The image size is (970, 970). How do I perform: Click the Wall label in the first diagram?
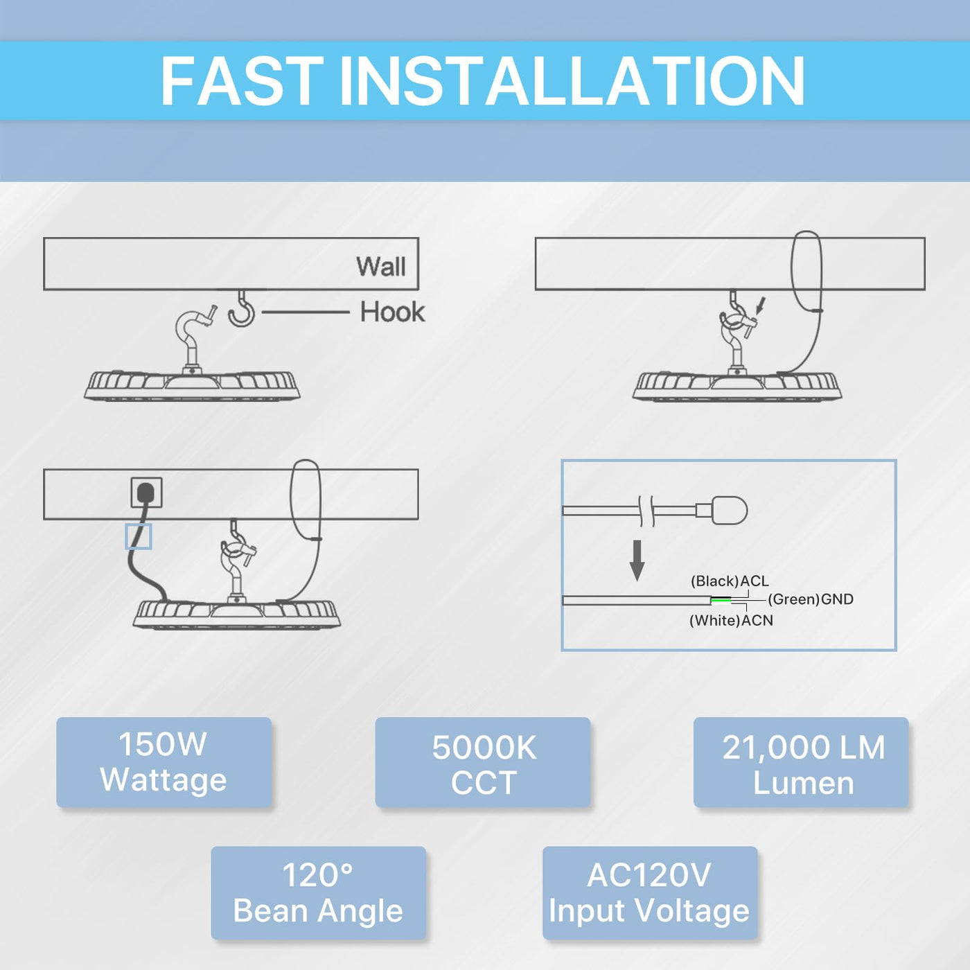(380, 266)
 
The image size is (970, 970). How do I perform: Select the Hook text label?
(392, 312)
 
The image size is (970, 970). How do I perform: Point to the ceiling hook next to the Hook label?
(242, 309)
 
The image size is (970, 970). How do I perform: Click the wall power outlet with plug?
(146, 493)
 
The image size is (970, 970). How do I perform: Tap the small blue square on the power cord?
(139, 536)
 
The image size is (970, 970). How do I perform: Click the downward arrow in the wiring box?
(637, 560)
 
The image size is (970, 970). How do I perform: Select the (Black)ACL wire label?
(730, 581)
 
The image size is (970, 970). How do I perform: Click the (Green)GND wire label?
(810, 599)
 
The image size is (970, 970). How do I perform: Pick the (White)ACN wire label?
(731, 621)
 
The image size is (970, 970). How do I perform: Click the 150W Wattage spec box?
(164, 762)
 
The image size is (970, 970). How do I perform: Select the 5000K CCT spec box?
(483, 763)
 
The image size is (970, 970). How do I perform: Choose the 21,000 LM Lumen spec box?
(801, 763)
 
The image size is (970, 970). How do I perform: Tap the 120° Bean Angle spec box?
(318, 892)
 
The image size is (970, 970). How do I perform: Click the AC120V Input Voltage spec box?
(649, 892)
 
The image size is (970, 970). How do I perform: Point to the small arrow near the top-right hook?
(761, 305)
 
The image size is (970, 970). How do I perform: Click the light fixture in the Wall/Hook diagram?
(192, 385)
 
